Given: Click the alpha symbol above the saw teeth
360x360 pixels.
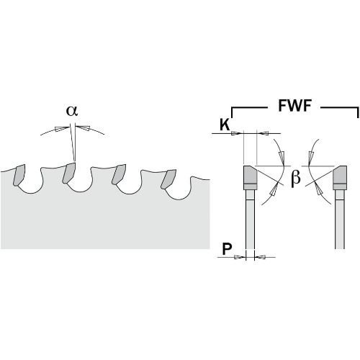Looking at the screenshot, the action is click(72, 111).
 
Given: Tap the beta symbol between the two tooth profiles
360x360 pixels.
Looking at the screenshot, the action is click(295, 178).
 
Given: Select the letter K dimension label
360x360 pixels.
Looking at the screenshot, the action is click(225, 125).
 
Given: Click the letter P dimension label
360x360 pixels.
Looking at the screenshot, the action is click(227, 249).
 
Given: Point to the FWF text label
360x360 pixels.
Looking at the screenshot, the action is click(294, 105).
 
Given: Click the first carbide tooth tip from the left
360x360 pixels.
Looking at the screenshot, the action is click(19, 175).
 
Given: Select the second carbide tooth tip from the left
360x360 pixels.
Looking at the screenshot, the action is click(69, 173).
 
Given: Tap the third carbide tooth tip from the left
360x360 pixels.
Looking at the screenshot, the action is click(119, 174).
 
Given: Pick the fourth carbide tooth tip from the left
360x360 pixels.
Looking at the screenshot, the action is click(168, 179).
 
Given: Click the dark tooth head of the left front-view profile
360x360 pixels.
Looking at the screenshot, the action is click(251, 177).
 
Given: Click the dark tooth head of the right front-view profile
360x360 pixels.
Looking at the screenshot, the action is click(340, 177).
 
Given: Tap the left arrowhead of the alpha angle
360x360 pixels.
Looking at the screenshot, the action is click(61, 128).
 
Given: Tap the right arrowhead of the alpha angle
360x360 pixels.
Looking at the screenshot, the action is click(84, 128).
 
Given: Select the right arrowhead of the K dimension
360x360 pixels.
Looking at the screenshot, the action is click(263, 133).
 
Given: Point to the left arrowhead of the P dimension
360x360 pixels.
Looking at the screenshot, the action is click(240, 257).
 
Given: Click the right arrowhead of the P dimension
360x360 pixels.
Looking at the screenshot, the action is click(260, 257).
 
